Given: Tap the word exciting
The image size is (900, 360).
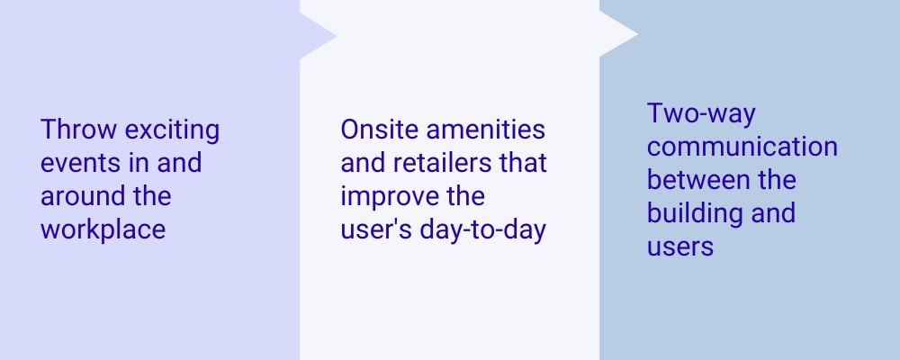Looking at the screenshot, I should click(x=172, y=130).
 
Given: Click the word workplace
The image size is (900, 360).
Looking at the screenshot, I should click(x=103, y=229).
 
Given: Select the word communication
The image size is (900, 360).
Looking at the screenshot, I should click(x=742, y=147).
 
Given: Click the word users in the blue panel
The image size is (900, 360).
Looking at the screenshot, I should click(x=679, y=245).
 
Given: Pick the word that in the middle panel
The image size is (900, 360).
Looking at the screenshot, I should click(x=526, y=163).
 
